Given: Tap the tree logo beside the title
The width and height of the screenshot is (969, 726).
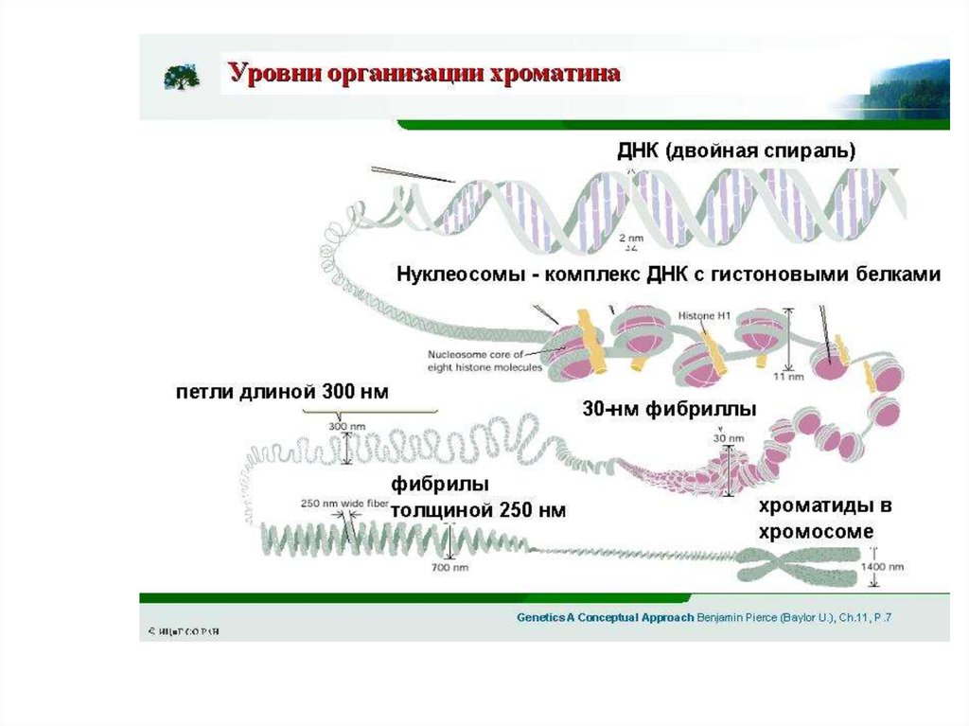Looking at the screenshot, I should point(181,77).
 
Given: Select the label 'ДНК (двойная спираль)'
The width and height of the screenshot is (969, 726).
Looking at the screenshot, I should point(736,151).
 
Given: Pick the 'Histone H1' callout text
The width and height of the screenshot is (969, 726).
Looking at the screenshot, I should point(704,314).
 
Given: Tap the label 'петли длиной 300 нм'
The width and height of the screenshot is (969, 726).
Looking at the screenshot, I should point(282,392).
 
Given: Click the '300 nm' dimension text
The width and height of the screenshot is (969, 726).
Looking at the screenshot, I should point(346,426).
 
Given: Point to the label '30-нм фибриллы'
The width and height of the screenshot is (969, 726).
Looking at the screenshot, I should point(669,410).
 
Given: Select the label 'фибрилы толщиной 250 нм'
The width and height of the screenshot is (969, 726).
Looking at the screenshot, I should point(478,498).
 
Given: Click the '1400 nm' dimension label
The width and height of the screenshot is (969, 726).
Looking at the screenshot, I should point(882,567).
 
